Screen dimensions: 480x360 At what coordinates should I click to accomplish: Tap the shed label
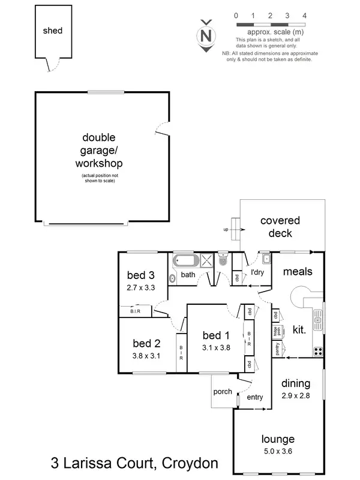pyautogui.click(x=52, y=31)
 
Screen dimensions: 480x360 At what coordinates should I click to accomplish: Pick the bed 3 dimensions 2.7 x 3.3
pyautogui.click(x=141, y=288)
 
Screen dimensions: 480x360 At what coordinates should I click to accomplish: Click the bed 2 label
pyautogui.click(x=146, y=344)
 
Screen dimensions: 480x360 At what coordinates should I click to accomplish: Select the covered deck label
pyautogui.click(x=280, y=227)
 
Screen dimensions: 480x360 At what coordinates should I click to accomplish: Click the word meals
pyautogui.click(x=298, y=272)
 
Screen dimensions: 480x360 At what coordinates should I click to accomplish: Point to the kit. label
pyautogui.click(x=299, y=329)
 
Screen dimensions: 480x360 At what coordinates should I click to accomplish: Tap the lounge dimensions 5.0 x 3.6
pyautogui.click(x=277, y=451)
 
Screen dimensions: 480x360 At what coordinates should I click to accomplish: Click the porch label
pyautogui.click(x=223, y=392)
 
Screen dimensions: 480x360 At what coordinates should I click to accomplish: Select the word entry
pyautogui.click(x=255, y=397)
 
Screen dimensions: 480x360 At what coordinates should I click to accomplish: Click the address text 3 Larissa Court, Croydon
pyautogui.click(x=133, y=463)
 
